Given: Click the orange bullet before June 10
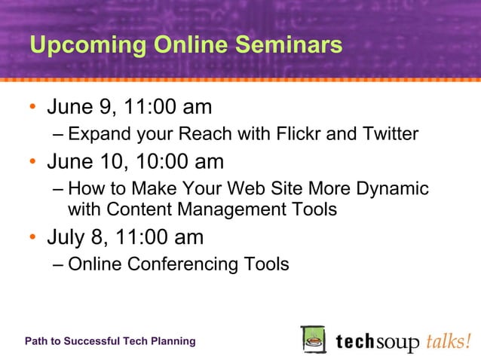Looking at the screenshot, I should click(x=33, y=163).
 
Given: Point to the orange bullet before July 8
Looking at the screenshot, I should click(x=33, y=238).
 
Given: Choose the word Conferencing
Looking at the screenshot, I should click(x=183, y=265).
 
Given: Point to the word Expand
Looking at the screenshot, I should click(x=96, y=135).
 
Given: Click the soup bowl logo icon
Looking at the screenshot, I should click(x=313, y=340).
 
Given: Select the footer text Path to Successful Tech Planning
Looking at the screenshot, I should click(x=110, y=341).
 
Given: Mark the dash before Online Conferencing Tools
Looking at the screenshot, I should click(x=59, y=265).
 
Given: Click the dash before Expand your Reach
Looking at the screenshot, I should click(x=59, y=135).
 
